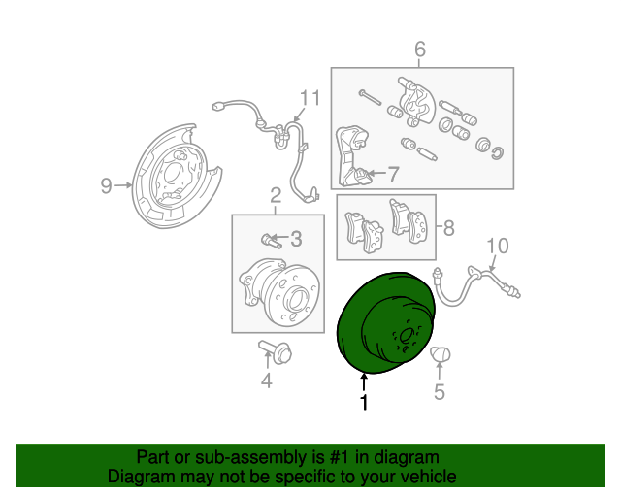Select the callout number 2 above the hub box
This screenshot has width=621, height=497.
(276, 195)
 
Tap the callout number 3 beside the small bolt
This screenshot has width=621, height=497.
(296, 239)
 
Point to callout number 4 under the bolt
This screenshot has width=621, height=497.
(266, 381)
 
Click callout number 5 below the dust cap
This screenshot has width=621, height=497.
(439, 392)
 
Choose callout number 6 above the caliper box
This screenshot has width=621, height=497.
(420, 50)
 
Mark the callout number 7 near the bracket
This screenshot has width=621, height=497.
(393, 175)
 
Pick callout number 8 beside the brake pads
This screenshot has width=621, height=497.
(449, 229)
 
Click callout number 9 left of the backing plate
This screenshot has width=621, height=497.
(107, 186)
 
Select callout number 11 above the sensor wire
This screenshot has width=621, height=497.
(309, 98)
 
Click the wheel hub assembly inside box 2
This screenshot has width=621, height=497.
(276, 290)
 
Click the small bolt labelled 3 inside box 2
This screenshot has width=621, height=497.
(271, 239)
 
